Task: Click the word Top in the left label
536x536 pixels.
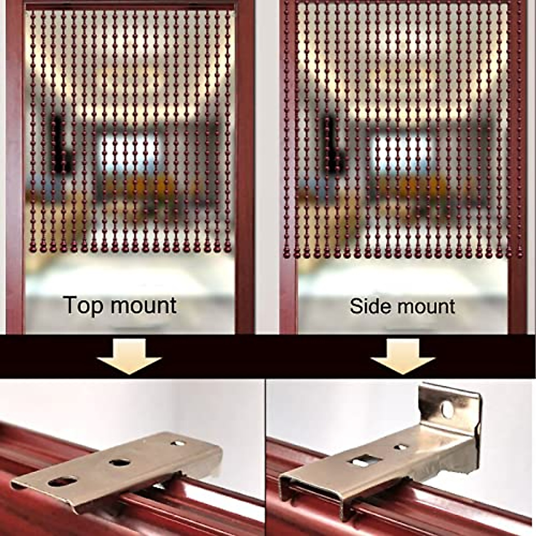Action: (83, 306)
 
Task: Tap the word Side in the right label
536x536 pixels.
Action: (367, 306)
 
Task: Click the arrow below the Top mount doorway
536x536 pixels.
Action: (130, 356)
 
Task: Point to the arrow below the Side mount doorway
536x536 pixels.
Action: (403, 356)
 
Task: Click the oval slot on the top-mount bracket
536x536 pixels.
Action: (63, 482)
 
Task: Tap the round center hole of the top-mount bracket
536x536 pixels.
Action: (120, 462)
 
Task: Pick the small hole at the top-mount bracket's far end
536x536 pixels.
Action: (177, 444)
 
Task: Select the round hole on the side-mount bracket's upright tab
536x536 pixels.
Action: (446, 408)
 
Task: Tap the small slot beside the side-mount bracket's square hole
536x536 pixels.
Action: (401, 446)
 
